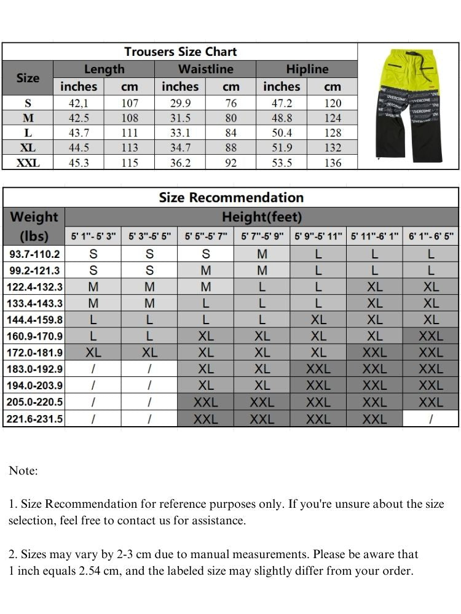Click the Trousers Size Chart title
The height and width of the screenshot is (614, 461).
click(x=180, y=52)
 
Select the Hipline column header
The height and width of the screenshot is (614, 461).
click(x=307, y=69)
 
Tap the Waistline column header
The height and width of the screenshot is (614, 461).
click(x=205, y=69)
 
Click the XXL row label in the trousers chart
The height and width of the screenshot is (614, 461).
click(x=28, y=163)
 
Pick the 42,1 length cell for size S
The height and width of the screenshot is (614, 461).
click(x=78, y=103)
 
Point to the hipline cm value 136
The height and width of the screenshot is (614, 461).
click(x=333, y=163)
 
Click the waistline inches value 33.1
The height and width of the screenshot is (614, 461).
click(x=179, y=133)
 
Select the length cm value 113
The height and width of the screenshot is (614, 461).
click(x=129, y=148)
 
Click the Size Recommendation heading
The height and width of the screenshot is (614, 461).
click(x=231, y=198)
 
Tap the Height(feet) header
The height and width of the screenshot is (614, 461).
click(x=262, y=217)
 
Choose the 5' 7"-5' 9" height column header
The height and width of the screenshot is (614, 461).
click(x=262, y=236)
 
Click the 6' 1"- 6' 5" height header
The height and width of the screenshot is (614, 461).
click(x=431, y=236)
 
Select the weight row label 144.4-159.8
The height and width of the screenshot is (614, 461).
click(x=34, y=320)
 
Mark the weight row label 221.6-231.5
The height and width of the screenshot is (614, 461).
click(x=34, y=419)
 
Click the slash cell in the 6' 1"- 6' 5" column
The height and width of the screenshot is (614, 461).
click(x=431, y=419)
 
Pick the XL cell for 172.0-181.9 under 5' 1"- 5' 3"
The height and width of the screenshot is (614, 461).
click(x=93, y=353)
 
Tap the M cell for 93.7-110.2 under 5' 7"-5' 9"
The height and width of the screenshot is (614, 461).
click(x=262, y=254)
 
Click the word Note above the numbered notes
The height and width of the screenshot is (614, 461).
click(x=23, y=471)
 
